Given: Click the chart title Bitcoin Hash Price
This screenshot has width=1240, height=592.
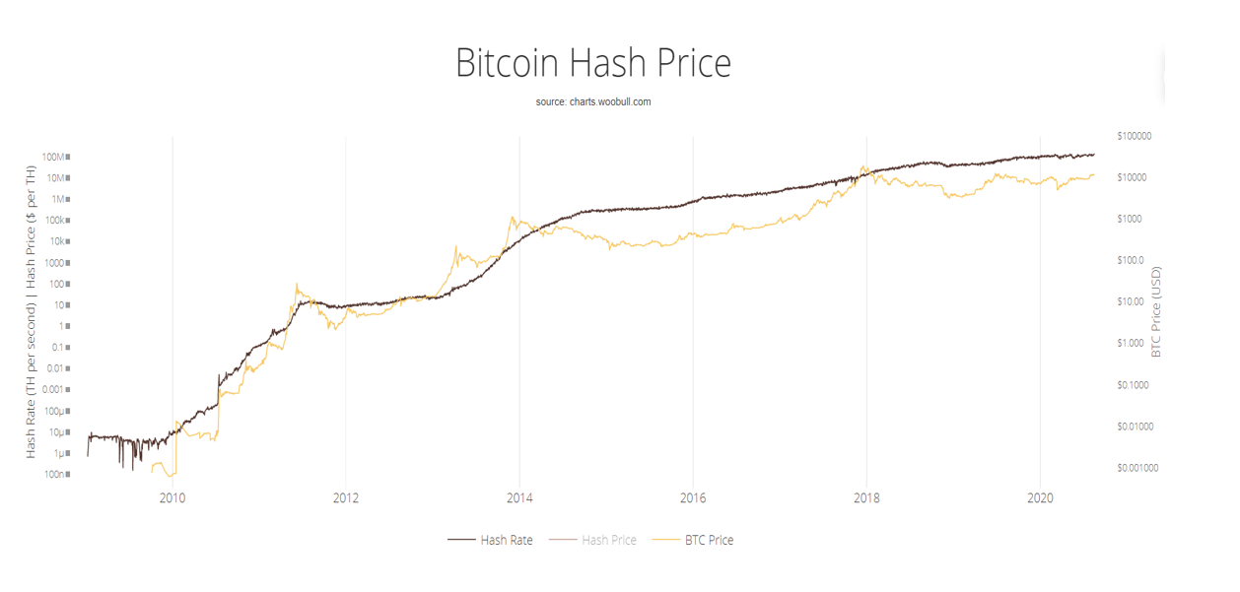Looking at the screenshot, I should tap(592, 63).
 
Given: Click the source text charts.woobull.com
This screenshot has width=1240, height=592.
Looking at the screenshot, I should tap(592, 102).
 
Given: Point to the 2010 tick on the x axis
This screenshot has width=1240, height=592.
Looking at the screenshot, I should tap(172, 498).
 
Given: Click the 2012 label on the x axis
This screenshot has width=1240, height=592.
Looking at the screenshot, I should tap(346, 498).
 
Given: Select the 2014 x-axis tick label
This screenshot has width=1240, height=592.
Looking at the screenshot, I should tap(519, 498).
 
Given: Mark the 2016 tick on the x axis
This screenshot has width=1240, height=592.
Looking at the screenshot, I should tap(693, 498).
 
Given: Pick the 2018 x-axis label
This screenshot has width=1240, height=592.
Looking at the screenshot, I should tap(866, 498).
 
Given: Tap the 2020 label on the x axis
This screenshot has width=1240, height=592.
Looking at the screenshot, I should tap(1040, 498).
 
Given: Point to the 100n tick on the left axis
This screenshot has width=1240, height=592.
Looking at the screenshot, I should tap(57, 475).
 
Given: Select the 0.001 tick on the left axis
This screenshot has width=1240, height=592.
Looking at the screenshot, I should tap(52, 390).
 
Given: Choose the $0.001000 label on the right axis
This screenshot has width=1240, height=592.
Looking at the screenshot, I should tap(1137, 468).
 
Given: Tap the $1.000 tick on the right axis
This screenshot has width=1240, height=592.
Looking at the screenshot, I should tap(1131, 343).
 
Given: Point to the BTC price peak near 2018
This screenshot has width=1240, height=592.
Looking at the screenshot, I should tap(863, 167).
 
